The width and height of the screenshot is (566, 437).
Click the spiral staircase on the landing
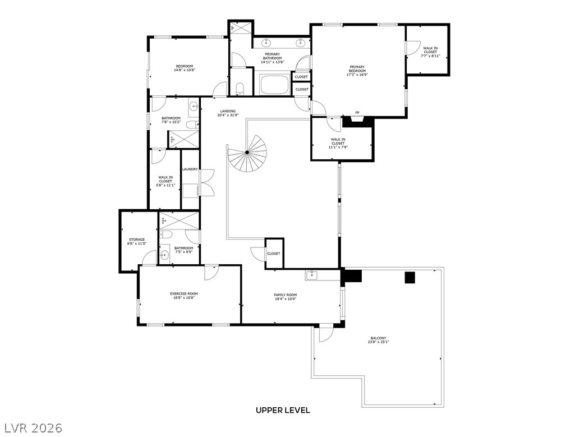click(x=246, y=153)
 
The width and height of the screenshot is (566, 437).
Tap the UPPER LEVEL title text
click(x=283, y=410)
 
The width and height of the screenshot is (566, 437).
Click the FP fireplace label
click(x=357, y=113)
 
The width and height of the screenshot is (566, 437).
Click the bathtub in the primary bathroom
click(x=274, y=85)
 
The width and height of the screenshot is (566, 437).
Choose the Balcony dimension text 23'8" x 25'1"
click(x=379, y=342)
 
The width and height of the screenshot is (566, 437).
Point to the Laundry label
click(x=190, y=169)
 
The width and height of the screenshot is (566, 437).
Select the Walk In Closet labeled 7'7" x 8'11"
click(x=430, y=52)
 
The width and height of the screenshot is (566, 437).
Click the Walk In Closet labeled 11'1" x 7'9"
click(x=338, y=143)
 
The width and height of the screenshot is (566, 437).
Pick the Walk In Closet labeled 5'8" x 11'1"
click(x=165, y=181)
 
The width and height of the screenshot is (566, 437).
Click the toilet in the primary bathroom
click(x=240, y=88)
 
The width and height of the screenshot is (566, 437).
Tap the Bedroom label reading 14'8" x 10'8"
click(x=184, y=68)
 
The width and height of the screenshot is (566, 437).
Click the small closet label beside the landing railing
click(x=274, y=254)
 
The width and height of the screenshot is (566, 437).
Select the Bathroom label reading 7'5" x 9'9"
click(x=183, y=250)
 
